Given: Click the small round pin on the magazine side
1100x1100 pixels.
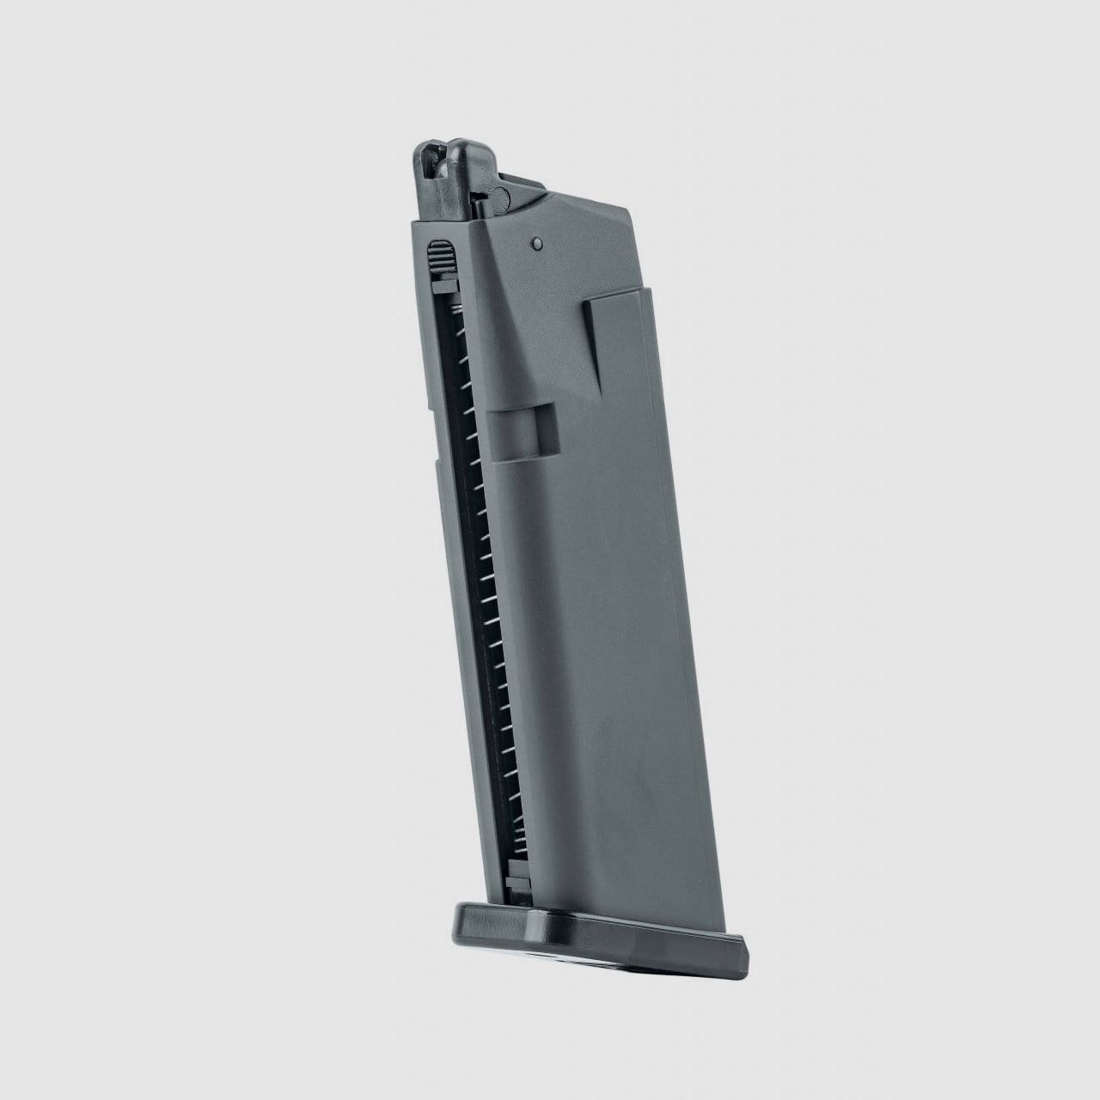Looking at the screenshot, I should (x=535, y=243).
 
